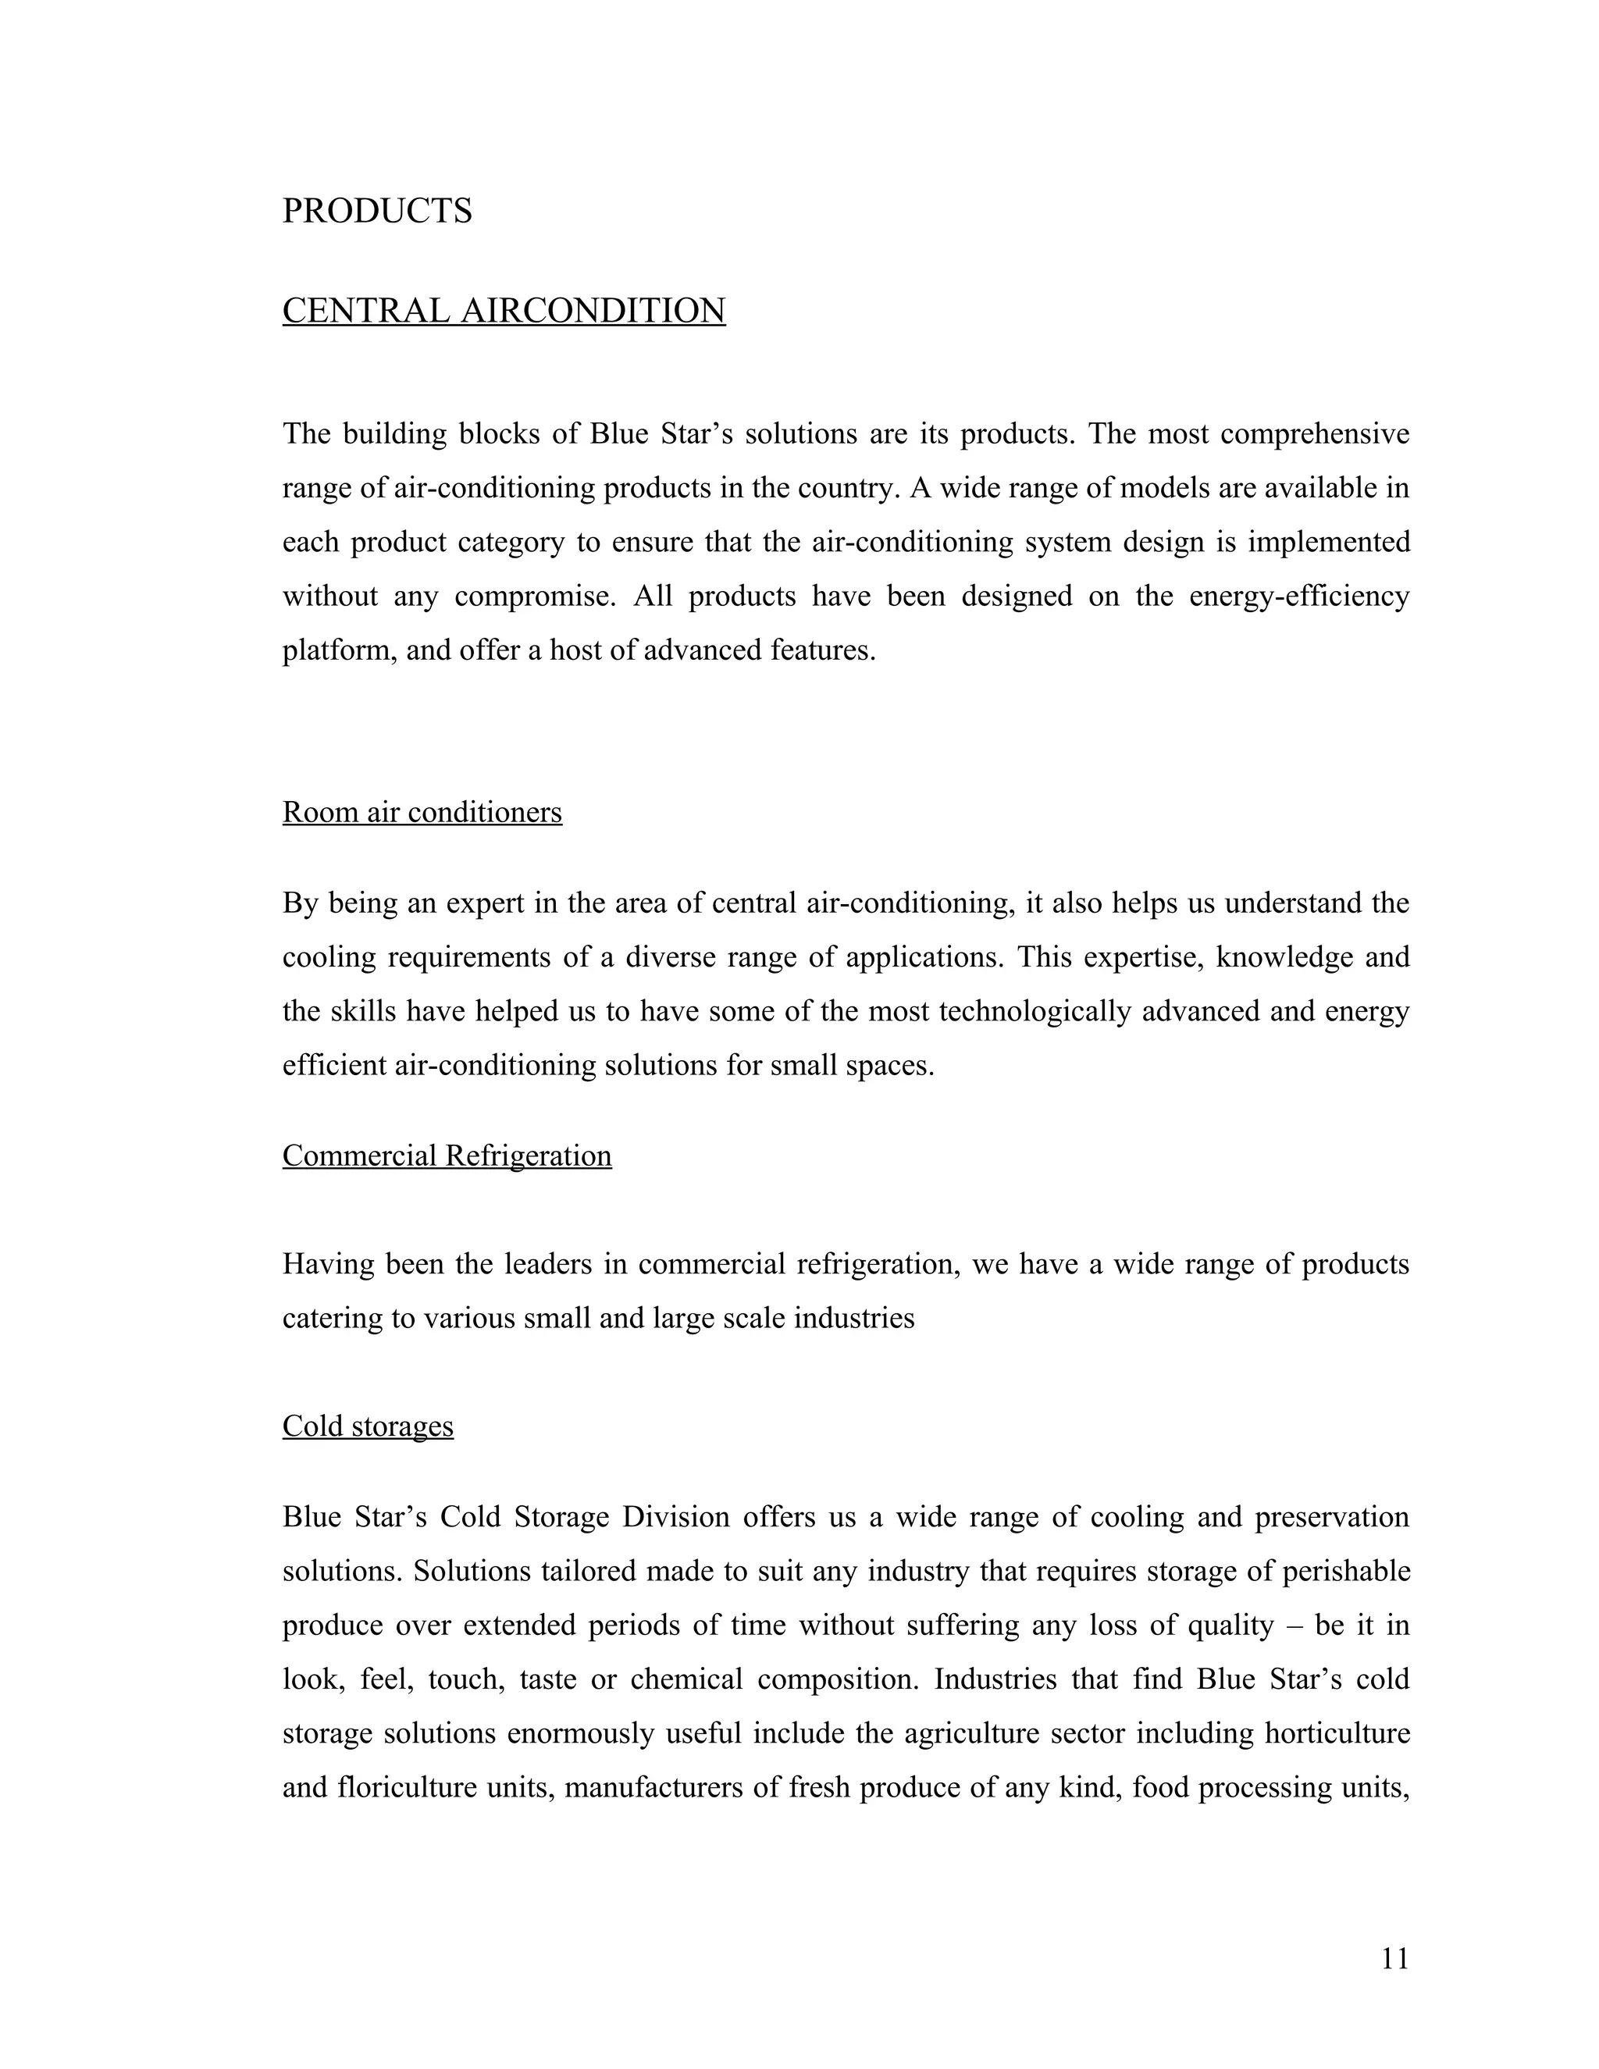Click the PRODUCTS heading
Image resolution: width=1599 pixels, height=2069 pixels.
point(377,210)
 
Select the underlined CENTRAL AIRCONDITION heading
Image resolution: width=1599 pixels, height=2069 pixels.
point(504,311)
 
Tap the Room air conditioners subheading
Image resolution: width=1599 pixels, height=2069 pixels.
point(422,812)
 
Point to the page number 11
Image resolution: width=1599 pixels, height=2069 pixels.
point(1394,1958)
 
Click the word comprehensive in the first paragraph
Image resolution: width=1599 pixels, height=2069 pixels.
point(1314,434)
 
